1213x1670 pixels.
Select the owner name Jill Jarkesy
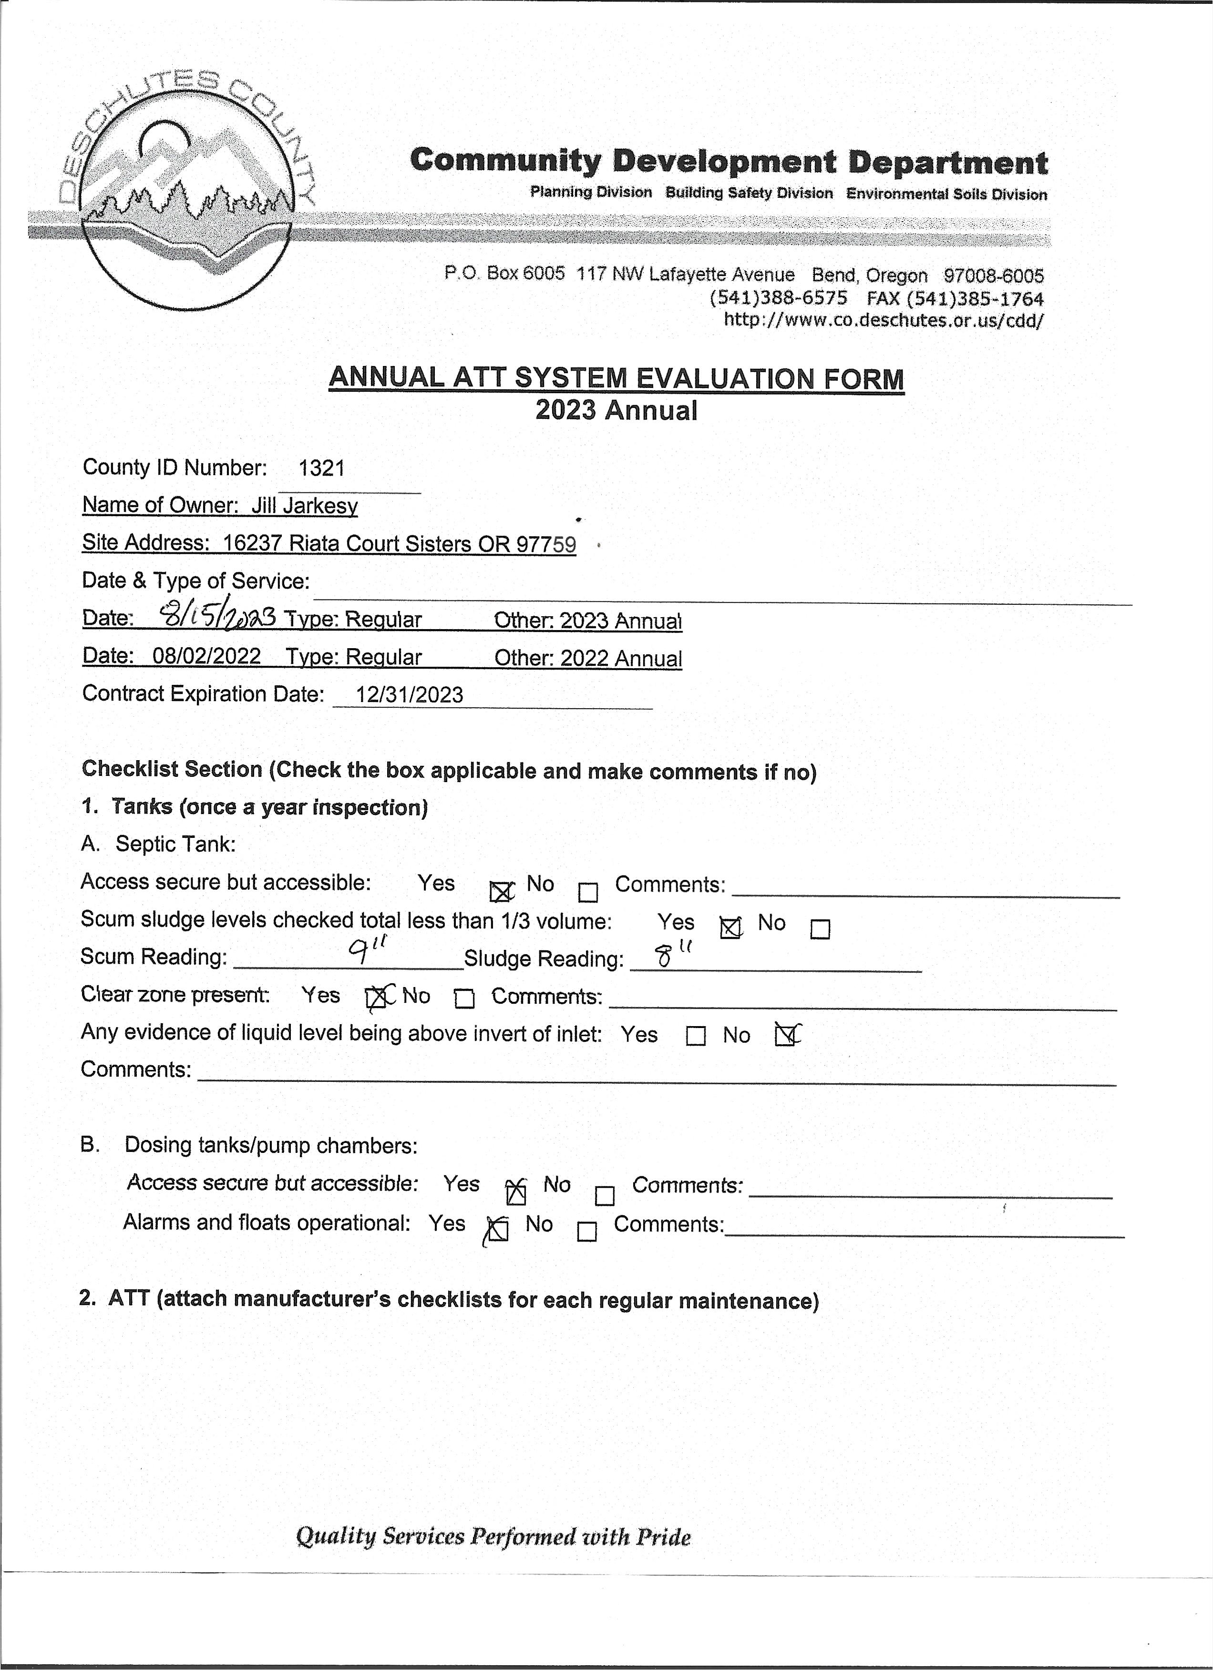point(304,506)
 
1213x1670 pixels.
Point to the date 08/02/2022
point(206,656)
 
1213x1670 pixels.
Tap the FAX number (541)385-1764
point(955,299)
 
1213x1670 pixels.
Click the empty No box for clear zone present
point(464,998)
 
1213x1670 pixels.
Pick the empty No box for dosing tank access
point(604,1195)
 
